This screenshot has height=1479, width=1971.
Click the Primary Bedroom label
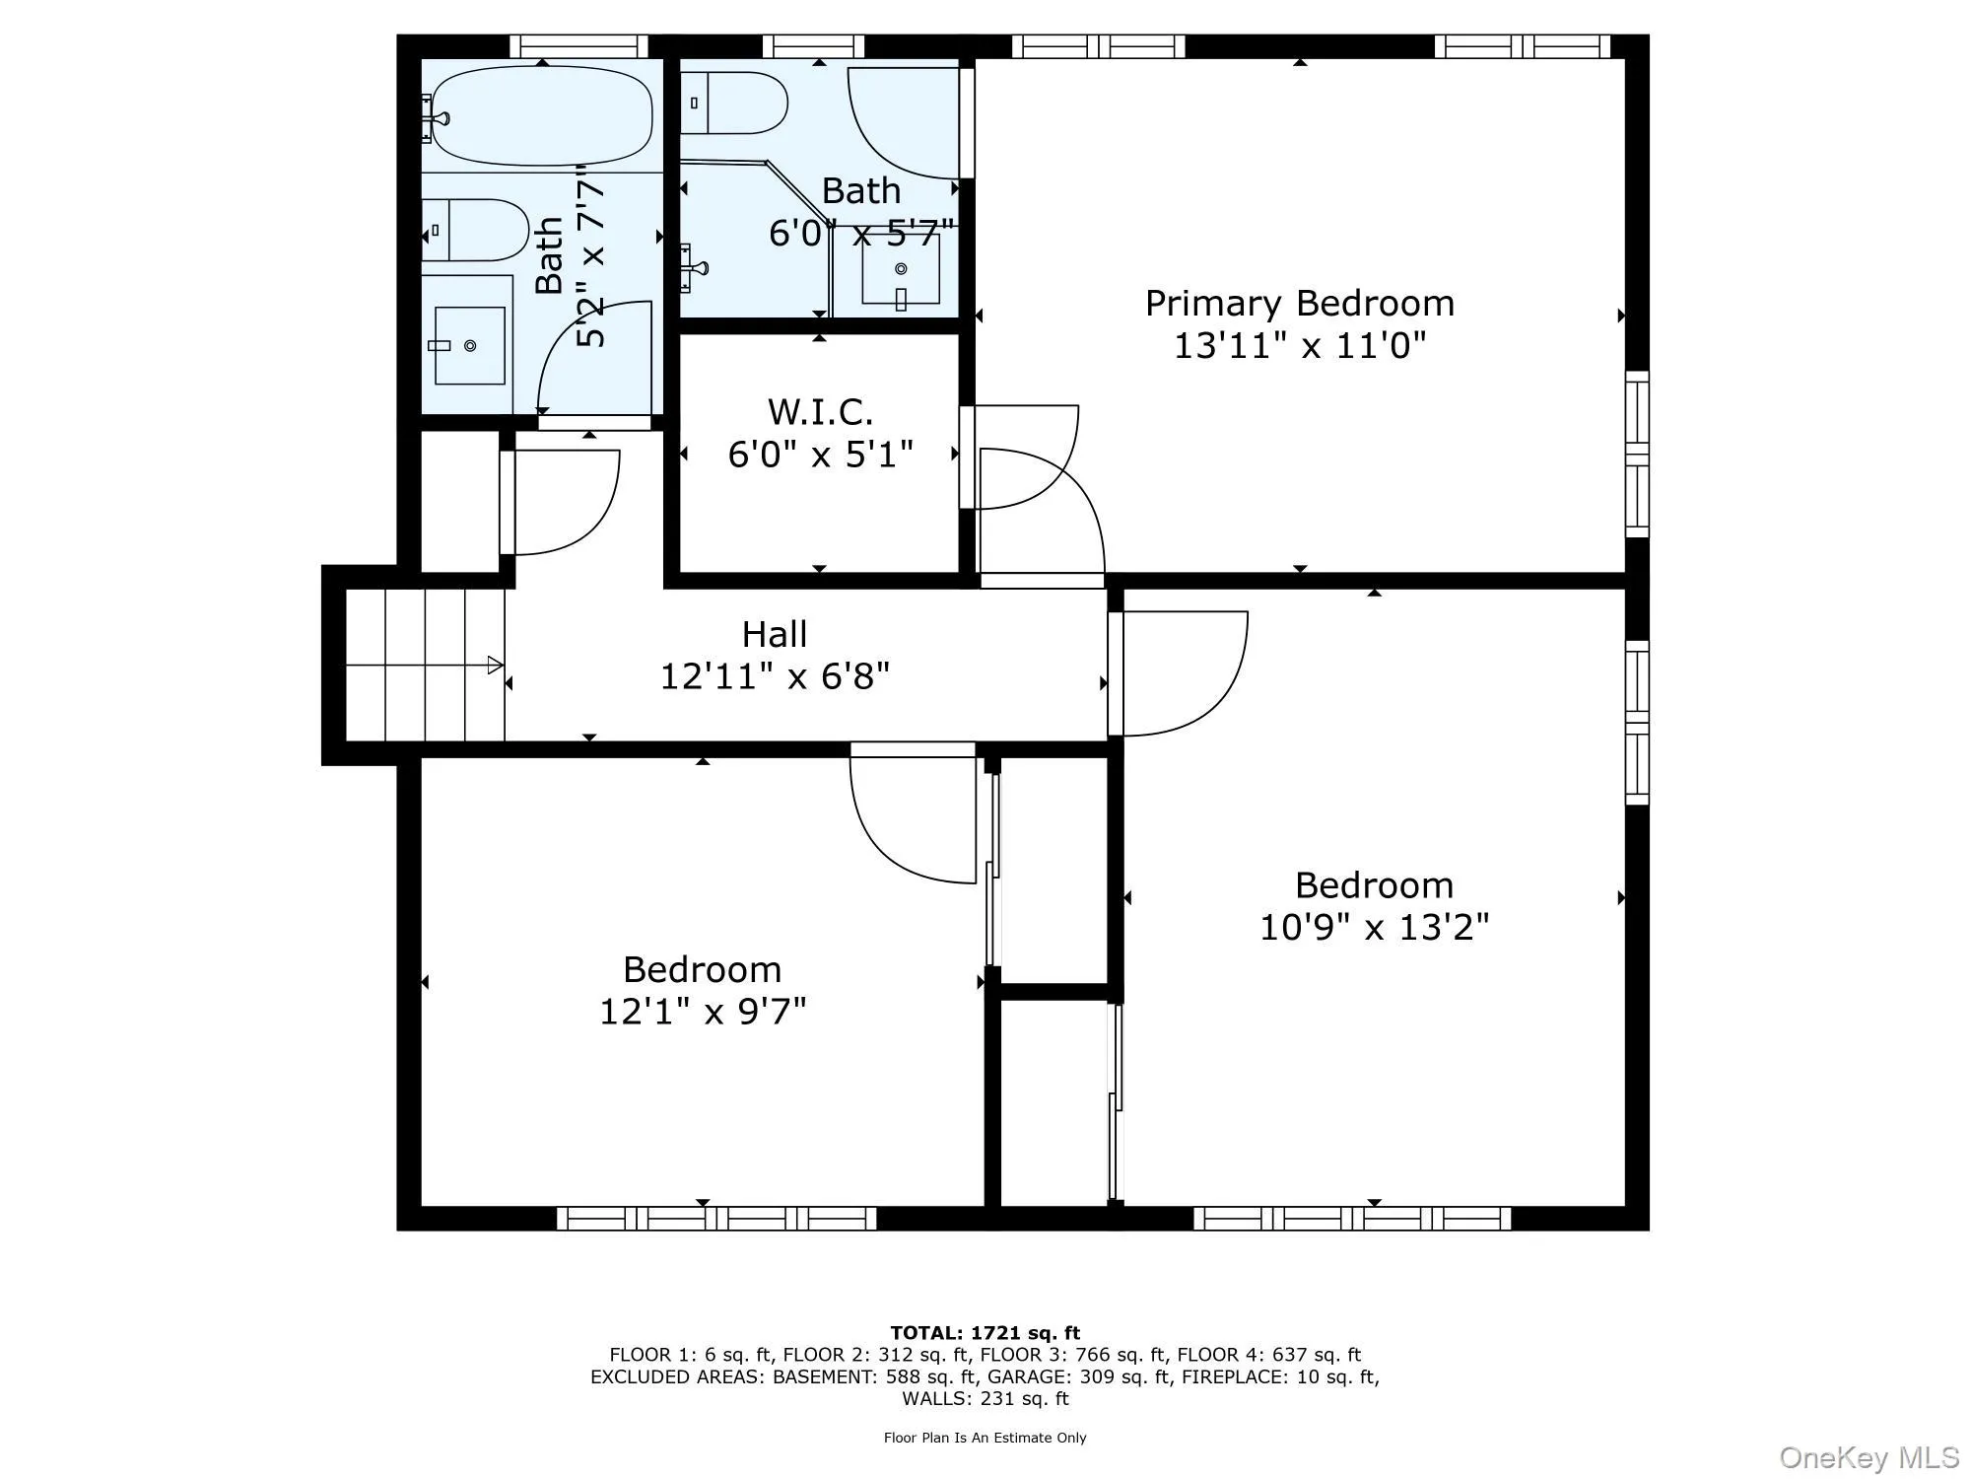tap(1299, 304)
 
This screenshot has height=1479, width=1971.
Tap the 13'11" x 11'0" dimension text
tap(1299, 347)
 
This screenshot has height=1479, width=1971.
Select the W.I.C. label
tap(820, 411)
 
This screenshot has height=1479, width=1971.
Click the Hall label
tap(775, 634)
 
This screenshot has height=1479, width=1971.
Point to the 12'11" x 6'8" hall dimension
tap(775, 677)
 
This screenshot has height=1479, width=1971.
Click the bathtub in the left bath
tap(542, 116)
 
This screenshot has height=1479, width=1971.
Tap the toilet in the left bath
tap(476, 230)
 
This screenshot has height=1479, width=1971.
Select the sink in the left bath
tap(470, 345)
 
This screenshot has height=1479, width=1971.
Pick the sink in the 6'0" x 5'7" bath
tap(901, 269)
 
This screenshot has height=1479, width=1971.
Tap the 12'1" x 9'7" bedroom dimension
tap(703, 1013)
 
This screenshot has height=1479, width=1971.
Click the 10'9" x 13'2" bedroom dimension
tap(1374, 928)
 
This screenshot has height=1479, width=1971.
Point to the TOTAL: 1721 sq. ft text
tap(985, 1334)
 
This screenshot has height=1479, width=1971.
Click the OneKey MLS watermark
tap(1869, 1456)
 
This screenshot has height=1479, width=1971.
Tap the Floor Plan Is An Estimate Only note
tap(985, 1438)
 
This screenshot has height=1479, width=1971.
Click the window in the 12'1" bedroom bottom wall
tap(716, 1219)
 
